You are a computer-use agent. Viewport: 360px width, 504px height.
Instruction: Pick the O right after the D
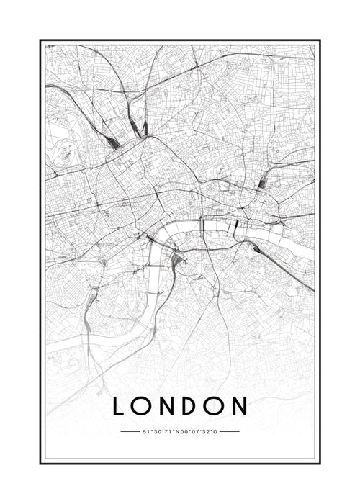[214, 407]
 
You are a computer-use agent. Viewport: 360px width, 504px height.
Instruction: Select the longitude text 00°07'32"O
[199, 432]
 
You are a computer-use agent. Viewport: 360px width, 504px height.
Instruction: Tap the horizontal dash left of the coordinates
[130, 432]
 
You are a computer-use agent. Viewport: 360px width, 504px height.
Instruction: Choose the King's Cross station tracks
[145, 128]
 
